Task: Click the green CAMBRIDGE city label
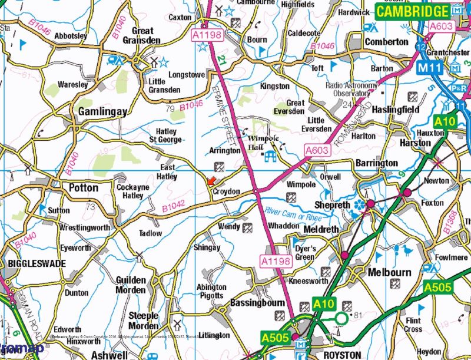[412, 11]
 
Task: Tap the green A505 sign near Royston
[276, 338]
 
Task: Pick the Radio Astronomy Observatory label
[351, 90]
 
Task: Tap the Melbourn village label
[389, 273]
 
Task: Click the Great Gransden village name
[142, 35]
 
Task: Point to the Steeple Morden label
[144, 321]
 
